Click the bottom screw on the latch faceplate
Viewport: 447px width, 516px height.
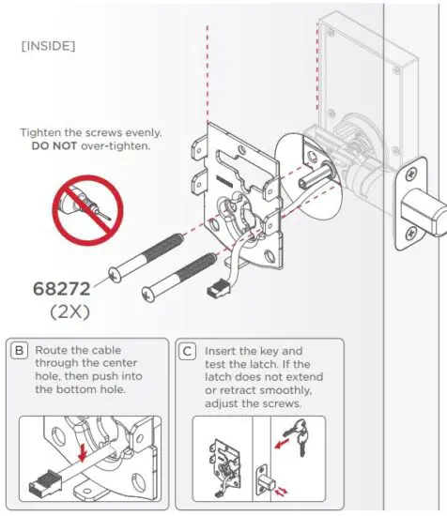pyautogui.click(x=410, y=231)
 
